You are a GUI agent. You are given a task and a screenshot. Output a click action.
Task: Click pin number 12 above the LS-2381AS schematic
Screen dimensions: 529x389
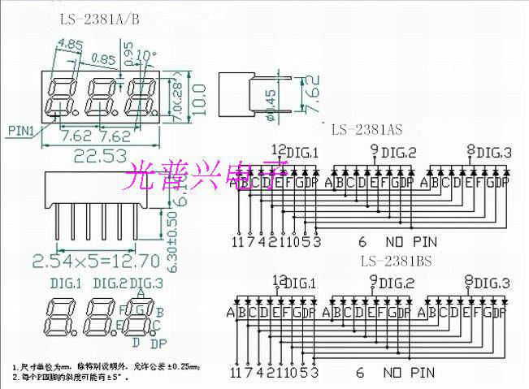tap(278, 149)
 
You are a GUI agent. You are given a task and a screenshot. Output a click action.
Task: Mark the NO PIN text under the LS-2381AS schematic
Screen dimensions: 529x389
tap(405, 241)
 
